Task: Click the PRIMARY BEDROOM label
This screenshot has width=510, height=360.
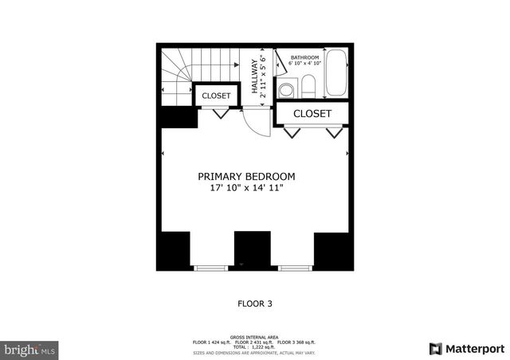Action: (246, 176)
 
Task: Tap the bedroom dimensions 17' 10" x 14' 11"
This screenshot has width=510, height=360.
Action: (246, 189)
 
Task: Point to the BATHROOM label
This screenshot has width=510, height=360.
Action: (304, 57)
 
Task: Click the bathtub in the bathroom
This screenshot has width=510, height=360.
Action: (337, 74)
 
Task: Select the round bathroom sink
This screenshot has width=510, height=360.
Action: (285, 89)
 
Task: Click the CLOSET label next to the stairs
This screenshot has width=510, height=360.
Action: (216, 96)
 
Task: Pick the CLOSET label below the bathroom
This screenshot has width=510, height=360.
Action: (312, 114)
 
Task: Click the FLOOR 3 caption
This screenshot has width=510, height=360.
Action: (256, 303)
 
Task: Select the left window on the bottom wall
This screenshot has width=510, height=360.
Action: (211, 268)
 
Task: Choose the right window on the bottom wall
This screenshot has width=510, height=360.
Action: (295, 268)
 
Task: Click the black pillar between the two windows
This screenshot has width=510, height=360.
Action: (253, 250)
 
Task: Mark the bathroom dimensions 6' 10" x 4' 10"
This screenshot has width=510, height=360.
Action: (304, 64)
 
